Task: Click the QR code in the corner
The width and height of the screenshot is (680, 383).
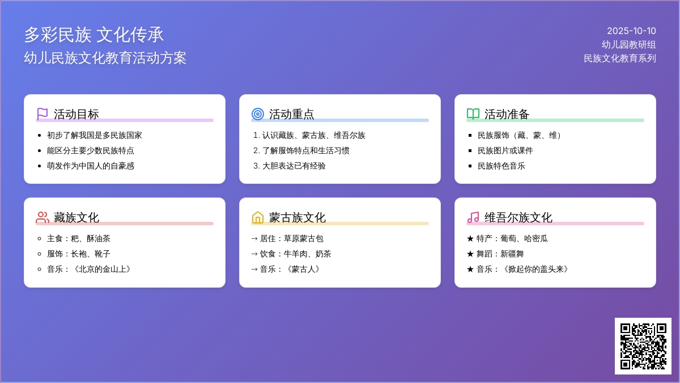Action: (x=643, y=346)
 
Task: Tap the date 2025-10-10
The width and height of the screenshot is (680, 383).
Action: (x=631, y=31)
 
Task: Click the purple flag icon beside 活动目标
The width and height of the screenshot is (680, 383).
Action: (x=42, y=114)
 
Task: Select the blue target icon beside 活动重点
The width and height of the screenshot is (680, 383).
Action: (x=258, y=114)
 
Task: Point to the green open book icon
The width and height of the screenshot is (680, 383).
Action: (x=473, y=114)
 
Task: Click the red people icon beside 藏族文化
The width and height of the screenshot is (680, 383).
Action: (x=42, y=217)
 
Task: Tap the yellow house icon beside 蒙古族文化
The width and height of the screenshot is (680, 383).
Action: (x=258, y=217)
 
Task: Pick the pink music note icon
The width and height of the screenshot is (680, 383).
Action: (x=473, y=217)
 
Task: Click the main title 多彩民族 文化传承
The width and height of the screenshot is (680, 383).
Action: (x=94, y=35)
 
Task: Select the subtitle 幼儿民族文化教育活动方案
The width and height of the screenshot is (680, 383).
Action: (x=105, y=58)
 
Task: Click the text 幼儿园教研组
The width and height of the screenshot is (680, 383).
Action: (x=628, y=45)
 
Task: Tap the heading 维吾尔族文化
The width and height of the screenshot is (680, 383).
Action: (x=518, y=218)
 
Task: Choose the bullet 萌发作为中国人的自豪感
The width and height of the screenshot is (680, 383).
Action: (x=91, y=166)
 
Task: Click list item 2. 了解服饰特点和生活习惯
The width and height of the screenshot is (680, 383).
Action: (x=301, y=150)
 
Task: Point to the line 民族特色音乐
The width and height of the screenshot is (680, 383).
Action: (x=501, y=166)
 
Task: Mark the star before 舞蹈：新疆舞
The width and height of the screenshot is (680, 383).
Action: (x=470, y=254)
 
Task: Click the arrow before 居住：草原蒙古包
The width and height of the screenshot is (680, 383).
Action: (x=254, y=239)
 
